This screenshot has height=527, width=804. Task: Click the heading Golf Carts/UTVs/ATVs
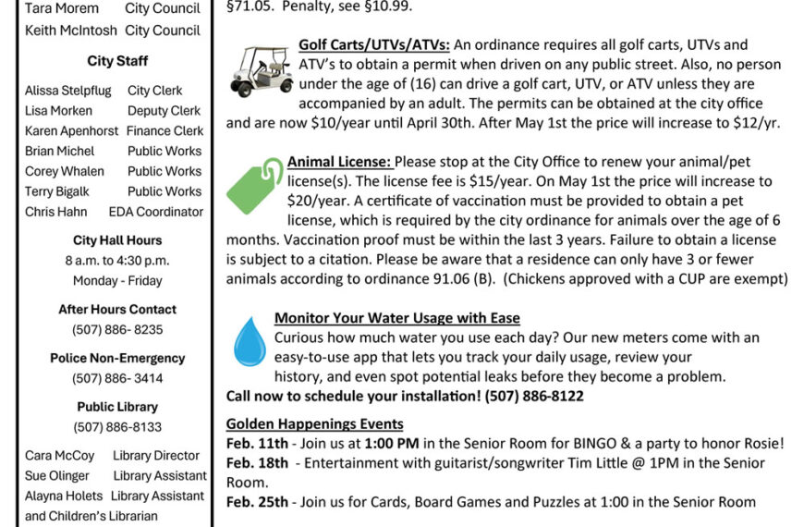click(x=374, y=44)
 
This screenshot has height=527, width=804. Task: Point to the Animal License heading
click(x=339, y=161)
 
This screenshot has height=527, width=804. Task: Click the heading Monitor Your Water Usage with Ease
click(x=396, y=318)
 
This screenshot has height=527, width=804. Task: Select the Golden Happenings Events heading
click(x=314, y=423)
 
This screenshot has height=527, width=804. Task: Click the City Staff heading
click(x=117, y=61)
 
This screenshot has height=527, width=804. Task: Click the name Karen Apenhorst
click(x=71, y=130)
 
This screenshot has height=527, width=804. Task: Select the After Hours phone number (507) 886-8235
click(x=117, y=329)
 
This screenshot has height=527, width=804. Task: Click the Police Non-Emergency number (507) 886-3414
click(x=117, y=378)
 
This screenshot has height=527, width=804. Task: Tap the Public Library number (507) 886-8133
click(x=117, y=427)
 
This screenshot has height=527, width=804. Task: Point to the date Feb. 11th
click(x=257, y=443)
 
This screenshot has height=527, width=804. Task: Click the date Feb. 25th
click(x=258, y=502)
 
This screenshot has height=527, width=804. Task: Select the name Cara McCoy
click(x=59, y=456)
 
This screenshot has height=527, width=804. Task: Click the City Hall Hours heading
click(x=117, y=240)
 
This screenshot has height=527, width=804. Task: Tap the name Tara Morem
click(x=62, y=8)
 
